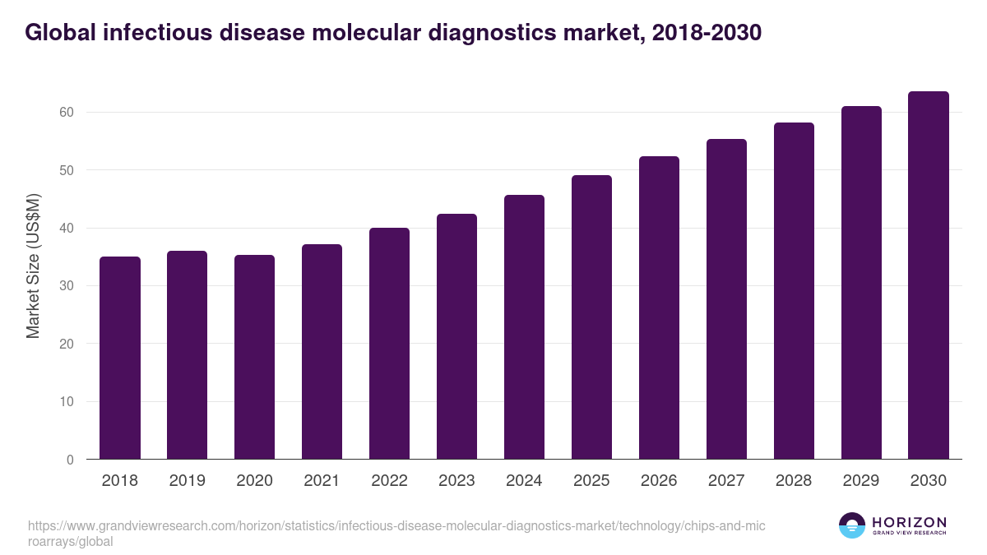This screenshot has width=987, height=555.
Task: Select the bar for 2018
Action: (120, 358)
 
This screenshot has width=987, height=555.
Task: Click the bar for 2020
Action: (255, 357)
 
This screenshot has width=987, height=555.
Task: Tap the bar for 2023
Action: (456, 336)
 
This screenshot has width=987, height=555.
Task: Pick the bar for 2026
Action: (659, 308)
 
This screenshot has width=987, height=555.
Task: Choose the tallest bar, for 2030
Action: (929, 275)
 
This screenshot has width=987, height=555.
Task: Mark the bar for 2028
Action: (794, 291)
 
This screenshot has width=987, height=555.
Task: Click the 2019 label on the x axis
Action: (188, 481)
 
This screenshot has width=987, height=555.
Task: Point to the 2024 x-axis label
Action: (524, 481)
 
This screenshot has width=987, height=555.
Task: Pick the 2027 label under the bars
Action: (726, 481)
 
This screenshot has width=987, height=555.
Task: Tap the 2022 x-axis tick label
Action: (389, 481)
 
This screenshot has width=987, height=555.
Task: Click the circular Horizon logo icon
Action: (852, 525)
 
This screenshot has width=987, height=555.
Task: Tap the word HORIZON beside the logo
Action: (910, 522)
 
